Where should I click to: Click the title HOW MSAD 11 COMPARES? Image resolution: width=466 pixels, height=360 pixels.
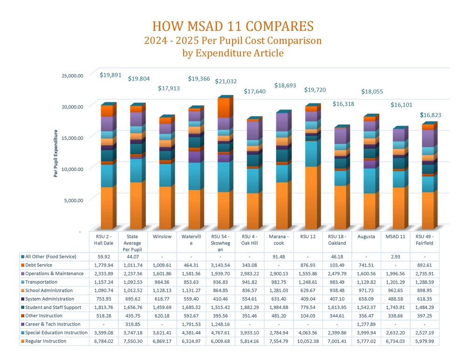233,26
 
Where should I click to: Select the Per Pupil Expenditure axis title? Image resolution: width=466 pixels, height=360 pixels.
56,154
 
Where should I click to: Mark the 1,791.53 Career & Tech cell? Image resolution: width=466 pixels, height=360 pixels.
191,324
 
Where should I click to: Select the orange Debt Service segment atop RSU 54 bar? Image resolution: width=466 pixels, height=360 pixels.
223,108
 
